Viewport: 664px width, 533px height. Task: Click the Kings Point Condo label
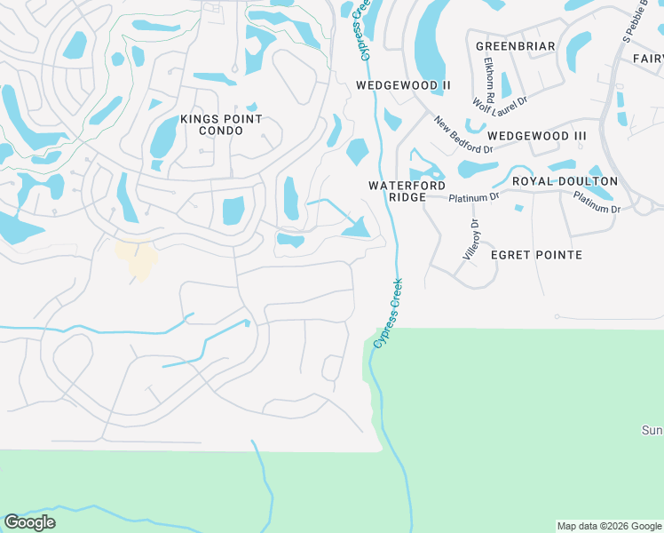[x=221, y=124]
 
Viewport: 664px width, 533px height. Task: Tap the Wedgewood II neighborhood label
[x=404, y=85]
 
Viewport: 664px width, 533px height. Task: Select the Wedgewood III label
[x=537, y=135]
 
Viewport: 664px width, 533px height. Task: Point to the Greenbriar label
[x=515, y=46]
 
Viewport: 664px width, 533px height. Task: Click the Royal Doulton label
[x=565, y=181]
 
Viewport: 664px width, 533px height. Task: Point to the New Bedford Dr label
[x=462, y=134]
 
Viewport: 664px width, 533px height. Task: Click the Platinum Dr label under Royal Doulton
[x=597, y=203]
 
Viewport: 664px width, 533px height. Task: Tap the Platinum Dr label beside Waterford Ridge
[x=474, y=196]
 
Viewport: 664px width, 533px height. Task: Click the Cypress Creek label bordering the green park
[x=388, y=312]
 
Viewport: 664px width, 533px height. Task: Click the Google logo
[x=29, y=522]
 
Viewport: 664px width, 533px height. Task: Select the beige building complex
[x=137, y=259]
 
